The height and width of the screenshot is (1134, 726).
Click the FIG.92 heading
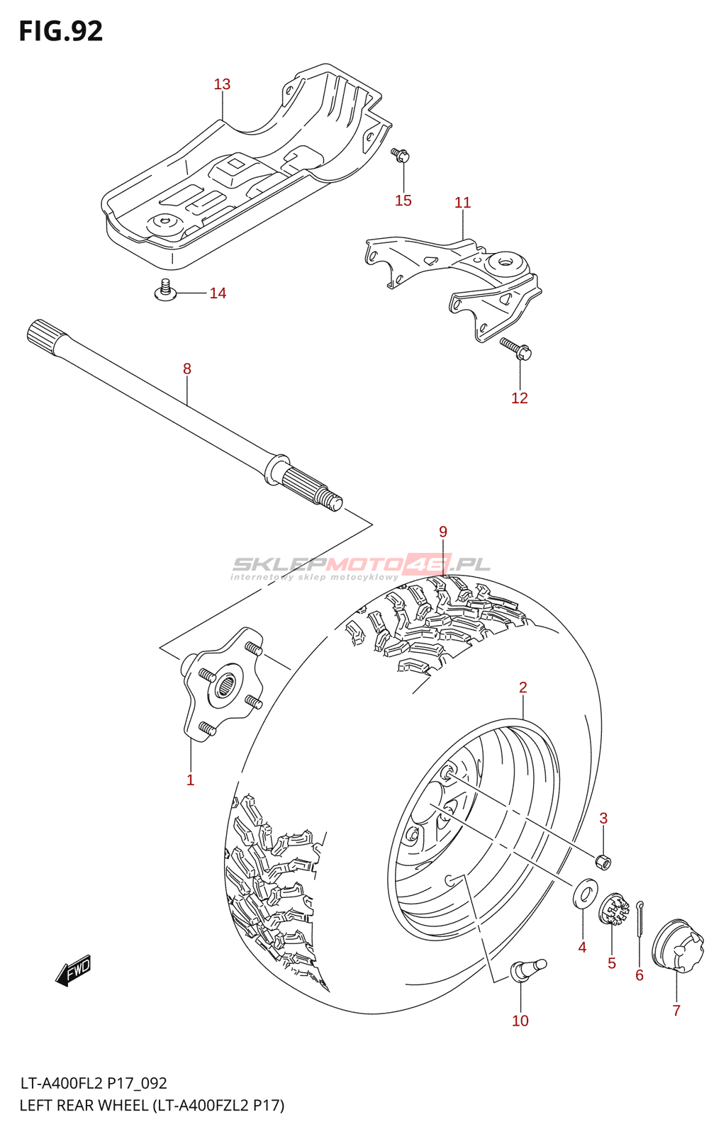coord(61,31)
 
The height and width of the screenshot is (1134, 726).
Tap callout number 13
coord(222,84)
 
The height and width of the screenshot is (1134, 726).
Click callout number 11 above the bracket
coord(462,203)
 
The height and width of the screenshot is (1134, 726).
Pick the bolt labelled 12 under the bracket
coord(516,348)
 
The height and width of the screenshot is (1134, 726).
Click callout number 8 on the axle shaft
coord(187,369)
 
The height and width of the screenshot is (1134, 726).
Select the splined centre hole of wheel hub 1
coord(226,685)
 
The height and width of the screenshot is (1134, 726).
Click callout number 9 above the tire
coord(443,532)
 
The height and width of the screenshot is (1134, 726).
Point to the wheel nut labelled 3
coord(603,862)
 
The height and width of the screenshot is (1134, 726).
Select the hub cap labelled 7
coord(678,947)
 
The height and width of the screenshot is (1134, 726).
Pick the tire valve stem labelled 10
coord(526,968)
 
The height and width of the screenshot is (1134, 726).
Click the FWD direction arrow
coord(73,970)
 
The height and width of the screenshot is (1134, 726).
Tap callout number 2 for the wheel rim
coord(523,687)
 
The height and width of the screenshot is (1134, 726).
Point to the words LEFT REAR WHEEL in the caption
coord(84,1106)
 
